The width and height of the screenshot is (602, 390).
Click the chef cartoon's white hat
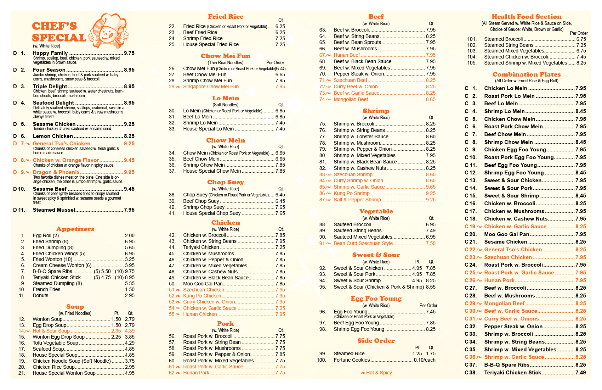coord(108,20)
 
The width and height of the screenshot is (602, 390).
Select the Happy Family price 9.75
coord(129,53)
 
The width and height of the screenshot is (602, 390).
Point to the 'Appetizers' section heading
coord(75,229)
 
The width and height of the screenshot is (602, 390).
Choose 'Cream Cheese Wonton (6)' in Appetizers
coord(62,265)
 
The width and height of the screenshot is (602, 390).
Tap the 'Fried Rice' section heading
coord(226,17)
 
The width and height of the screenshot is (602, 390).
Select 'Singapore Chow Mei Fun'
coord(211,87)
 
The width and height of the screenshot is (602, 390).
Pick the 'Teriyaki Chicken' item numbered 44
coord(201,247)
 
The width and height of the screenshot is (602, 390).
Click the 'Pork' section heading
coord(226,324)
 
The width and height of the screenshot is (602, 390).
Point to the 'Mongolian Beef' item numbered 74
coord(351,100)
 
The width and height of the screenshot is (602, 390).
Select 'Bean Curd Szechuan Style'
coord(363,243)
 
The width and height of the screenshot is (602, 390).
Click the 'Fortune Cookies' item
coord(352,360)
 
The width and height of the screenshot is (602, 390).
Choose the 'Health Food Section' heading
coord(527,17)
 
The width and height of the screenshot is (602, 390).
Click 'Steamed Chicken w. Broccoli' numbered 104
coord(516,57)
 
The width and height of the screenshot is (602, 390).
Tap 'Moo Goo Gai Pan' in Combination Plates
coord(506,234)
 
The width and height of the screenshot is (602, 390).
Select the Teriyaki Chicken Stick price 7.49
coord(581,373)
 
